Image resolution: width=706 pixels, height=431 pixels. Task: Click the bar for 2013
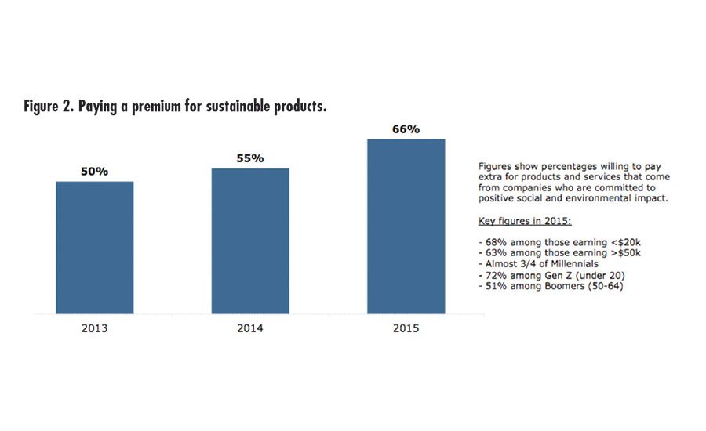(x=94, y=248)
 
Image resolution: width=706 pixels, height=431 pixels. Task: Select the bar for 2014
(x=250, y=241)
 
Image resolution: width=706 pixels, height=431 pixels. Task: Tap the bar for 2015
(x=406, y=226)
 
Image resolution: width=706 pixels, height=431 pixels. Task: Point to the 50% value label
(x=94, y=171)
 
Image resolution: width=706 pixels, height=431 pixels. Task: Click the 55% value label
(x=250, y=158)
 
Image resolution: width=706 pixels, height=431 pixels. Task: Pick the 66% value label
(x=406, y=129)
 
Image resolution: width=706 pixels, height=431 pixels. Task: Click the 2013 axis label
(x=94, y=328)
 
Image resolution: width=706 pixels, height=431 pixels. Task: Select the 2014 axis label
(x=250, y=328)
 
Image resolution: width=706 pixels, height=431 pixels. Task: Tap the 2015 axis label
(x=406, y=328)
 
